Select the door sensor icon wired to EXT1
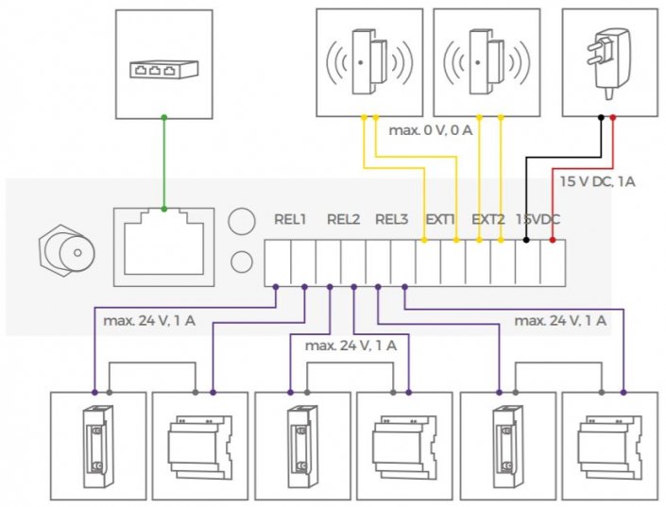click(x=363, y=61)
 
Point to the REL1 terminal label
click(x=290, y=220)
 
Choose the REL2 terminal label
click(x=343, y=220)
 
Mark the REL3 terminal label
click(x=391, y=220)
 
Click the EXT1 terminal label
click(x=440, y=220)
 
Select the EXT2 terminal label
click(x=488, y=220)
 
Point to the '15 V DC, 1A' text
click(x=597, y=179)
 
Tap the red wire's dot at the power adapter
click(x=613, y=117)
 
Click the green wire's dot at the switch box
click(x=164, y=117)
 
